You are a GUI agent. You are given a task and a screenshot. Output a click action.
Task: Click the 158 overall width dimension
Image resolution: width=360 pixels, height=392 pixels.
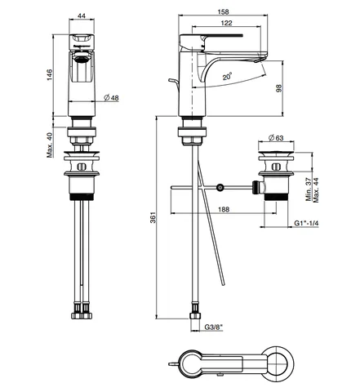click(x=223, y=11)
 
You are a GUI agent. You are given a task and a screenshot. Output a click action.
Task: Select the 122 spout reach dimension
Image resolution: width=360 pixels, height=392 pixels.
click(x=226, y=23)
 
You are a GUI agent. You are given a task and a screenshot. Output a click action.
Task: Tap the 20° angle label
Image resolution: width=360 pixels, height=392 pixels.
click(x=227, y=76)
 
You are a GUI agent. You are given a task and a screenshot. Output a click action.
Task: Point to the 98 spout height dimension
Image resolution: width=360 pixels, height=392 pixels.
click(x=279, y=88)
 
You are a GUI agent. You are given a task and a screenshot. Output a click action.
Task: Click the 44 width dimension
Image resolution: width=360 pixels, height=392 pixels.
click(x=82, y=16)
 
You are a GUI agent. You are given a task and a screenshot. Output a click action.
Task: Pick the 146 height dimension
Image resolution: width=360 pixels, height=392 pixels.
click(x=49, y=75)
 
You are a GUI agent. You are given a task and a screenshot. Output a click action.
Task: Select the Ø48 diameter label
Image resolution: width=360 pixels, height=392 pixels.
click(x=111, y=97)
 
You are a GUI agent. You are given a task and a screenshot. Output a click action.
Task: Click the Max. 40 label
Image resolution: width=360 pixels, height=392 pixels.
click(x=50, y=145)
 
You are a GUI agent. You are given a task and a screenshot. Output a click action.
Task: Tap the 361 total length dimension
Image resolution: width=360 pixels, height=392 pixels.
click(x=153, y=217)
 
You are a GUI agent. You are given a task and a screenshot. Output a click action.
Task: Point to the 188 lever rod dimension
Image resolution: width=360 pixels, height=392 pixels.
click(x=224, y=209)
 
